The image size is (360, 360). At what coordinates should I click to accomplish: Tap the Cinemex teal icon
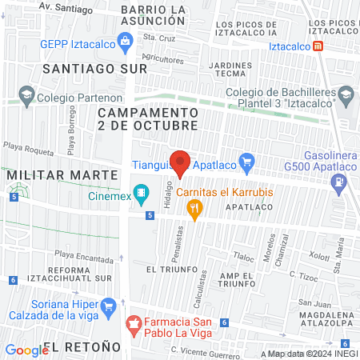[142, 192]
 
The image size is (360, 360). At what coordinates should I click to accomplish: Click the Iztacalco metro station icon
[319, 46]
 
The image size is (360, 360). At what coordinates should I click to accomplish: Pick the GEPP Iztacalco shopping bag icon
[125, 42]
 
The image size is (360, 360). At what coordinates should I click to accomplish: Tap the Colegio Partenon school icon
[26, 97]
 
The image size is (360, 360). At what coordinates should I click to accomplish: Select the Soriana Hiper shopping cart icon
[108, 305]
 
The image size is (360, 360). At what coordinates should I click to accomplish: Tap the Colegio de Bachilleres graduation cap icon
[345, 98]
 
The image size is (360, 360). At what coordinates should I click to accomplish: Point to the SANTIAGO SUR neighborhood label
[95, 69]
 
